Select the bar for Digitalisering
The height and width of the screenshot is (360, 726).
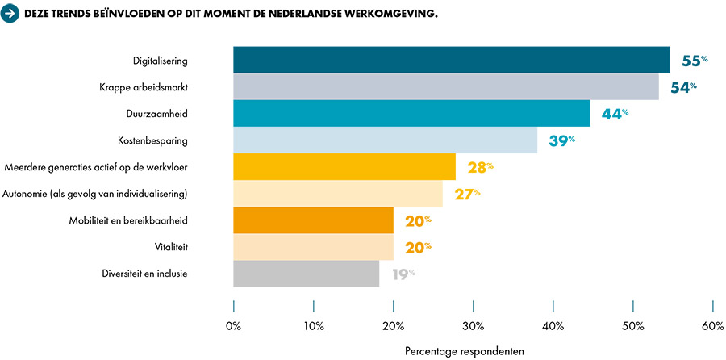[452, 61]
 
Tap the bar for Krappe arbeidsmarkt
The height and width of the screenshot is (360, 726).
[446, 87]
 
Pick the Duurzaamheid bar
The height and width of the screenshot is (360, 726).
[411, 114]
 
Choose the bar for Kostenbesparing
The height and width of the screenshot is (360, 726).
[385, 140]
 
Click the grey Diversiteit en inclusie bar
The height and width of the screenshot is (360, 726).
[306, 273]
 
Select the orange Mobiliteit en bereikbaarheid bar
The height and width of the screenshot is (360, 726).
[313, 220]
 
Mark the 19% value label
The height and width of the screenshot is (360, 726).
[403, 274]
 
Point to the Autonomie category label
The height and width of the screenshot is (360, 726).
[95, 193]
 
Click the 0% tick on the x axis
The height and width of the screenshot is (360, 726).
[233, 326]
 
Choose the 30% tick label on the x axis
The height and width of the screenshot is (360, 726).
[473, 326]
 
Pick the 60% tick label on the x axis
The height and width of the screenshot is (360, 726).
[712, 326]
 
